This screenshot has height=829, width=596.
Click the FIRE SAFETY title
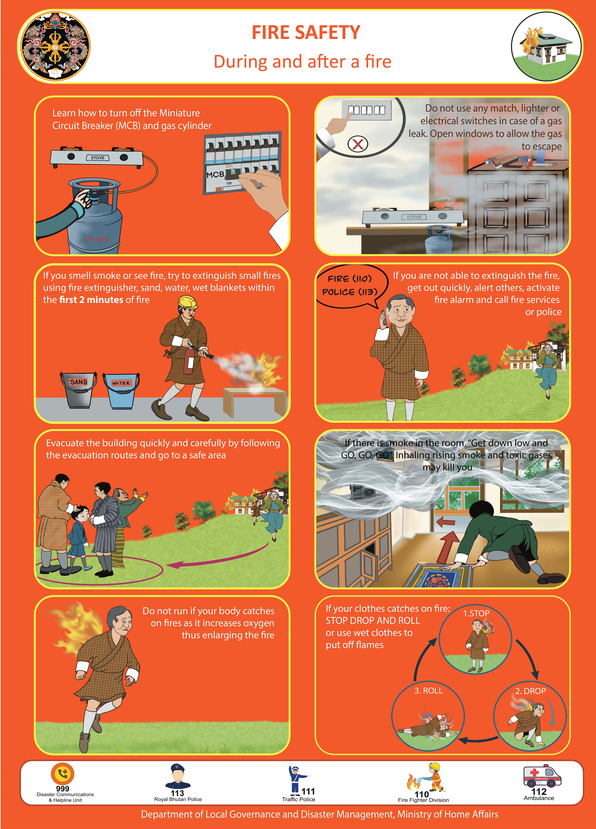click(x=306, y=33)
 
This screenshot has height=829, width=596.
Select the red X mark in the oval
click(x=358, y=144)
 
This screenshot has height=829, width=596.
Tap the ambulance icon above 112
click(x=542, y=776)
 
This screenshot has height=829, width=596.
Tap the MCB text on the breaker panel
click(x=215, y=175)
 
